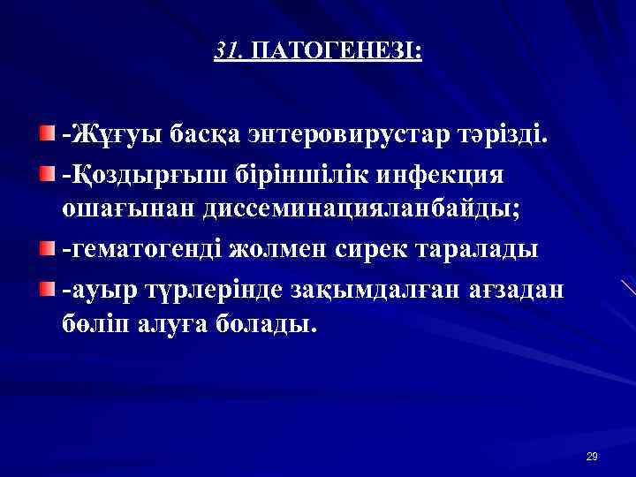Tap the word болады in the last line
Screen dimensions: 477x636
[267, 325]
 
